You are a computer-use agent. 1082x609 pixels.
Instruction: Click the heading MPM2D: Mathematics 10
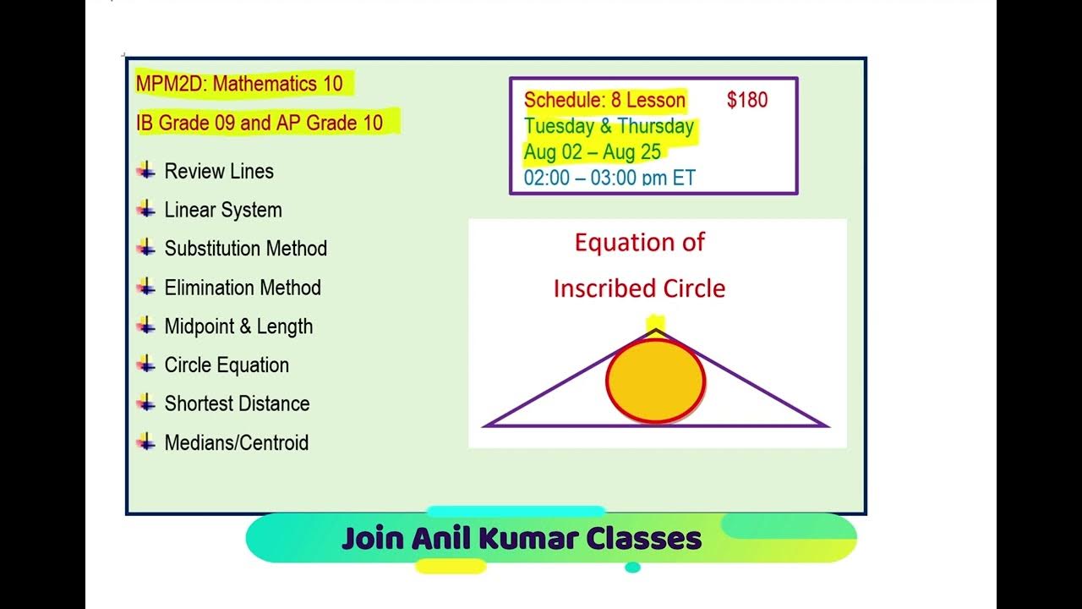(239, 84)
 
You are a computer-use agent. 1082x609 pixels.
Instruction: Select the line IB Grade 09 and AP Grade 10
(260, 123)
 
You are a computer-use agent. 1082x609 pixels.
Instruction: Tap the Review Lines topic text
(219, 172)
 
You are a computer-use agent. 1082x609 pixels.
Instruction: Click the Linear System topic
(223, 211)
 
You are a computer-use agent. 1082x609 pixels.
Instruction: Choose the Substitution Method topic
(245, 249)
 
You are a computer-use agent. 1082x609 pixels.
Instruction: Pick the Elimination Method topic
(243, 288)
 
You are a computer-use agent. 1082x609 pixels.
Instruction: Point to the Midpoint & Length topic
(238, 326)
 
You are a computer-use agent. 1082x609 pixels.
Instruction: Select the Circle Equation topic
(227, 365)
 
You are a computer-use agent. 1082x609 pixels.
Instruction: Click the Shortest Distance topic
(237, 404)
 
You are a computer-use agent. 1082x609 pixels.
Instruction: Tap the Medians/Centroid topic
(236, 443)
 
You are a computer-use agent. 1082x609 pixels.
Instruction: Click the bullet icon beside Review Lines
(146, 171)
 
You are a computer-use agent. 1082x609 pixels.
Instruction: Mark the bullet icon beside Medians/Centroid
(146, 442)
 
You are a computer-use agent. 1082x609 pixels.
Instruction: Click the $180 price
(747, 100)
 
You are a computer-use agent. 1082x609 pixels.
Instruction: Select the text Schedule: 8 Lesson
(604, 100)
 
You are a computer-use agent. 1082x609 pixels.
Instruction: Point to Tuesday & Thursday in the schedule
(609, 127)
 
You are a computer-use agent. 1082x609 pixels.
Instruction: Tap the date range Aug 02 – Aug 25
(592, 152)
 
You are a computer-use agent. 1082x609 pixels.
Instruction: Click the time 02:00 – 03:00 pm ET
(609, 178)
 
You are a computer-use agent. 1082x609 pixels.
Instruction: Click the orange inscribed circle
(655, 382)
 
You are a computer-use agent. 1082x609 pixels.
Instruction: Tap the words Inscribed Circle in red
(639, 288)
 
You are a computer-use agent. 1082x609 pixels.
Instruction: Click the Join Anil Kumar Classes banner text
(522, 539)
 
